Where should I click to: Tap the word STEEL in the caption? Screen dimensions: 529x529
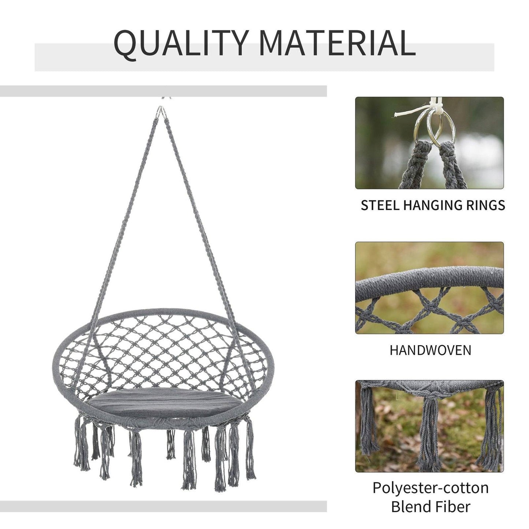point(380,205)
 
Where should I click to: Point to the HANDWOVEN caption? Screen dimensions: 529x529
point(430,350)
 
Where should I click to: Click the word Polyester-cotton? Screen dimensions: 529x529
point(431,488)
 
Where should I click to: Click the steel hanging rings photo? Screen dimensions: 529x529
point(429,143)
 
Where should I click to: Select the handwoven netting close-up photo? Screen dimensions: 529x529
point(429,288)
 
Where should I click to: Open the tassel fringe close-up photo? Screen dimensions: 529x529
point(429,426)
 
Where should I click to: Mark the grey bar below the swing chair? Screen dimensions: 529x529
point(163,506)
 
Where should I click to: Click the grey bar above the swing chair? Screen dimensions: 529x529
point(163,91)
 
